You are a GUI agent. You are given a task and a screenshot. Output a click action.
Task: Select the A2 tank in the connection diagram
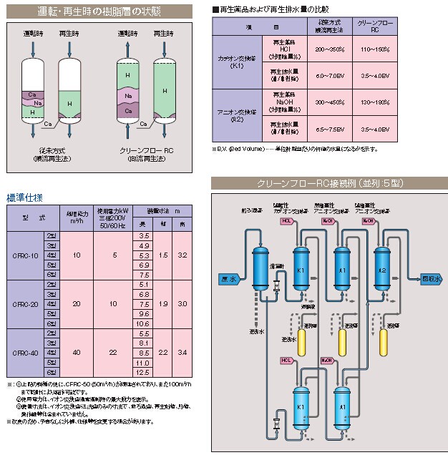383,270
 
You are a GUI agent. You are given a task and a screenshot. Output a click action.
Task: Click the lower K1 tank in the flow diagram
302,406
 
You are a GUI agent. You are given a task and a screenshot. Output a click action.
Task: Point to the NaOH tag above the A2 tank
368,221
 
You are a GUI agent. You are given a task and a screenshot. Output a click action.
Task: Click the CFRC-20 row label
25,303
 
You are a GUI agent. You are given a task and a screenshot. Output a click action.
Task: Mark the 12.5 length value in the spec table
143,372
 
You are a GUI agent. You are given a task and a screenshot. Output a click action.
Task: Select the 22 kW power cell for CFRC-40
113,352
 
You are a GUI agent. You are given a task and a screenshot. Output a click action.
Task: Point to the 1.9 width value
163,303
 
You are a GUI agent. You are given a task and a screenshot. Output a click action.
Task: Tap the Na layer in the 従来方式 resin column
39,102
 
